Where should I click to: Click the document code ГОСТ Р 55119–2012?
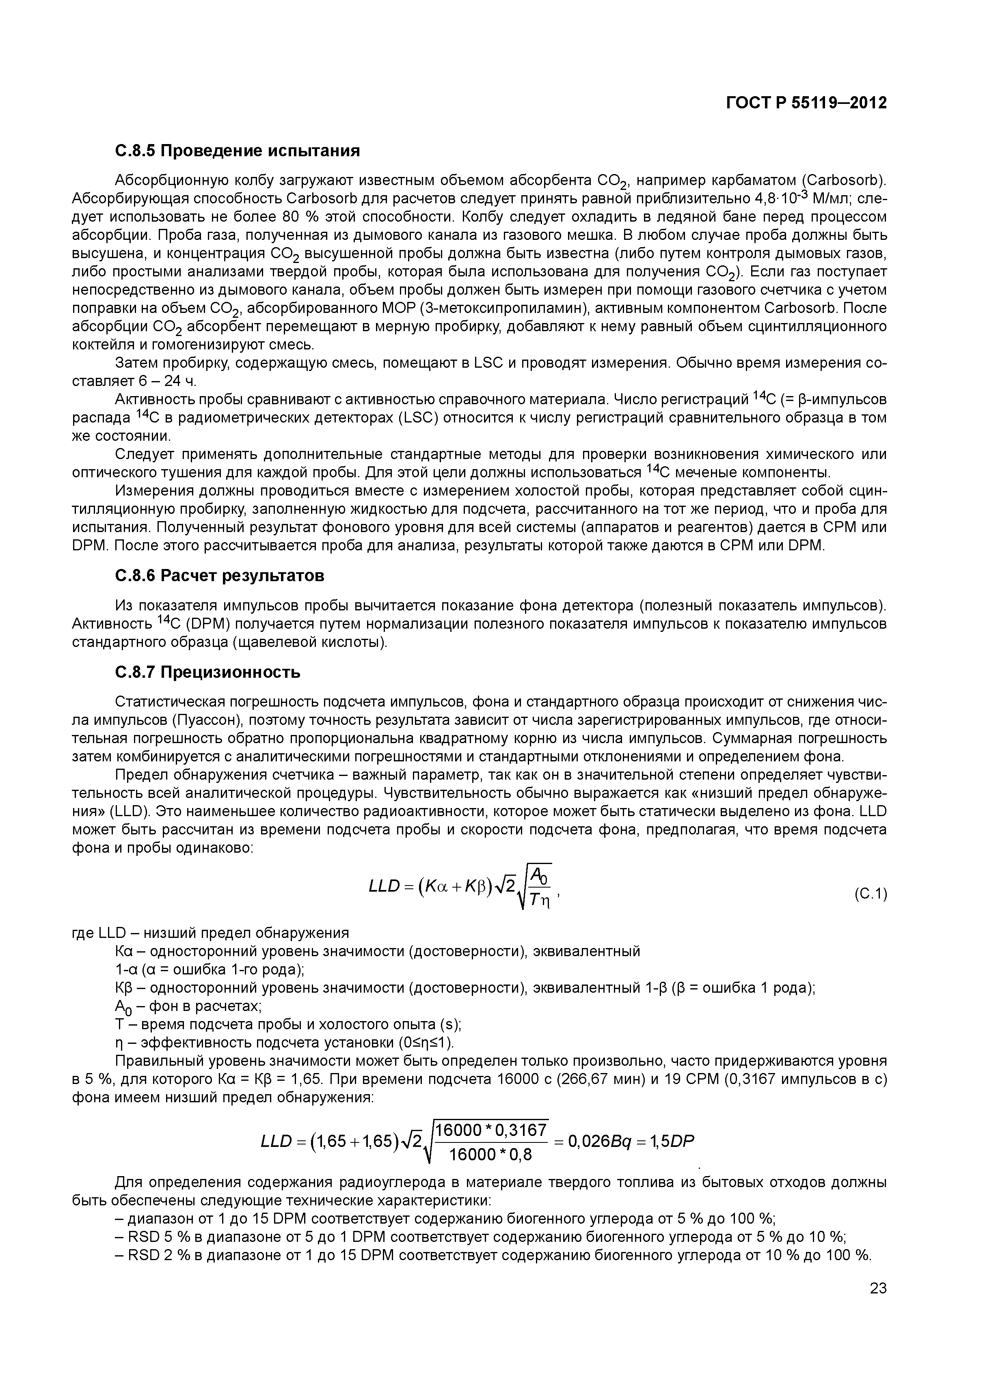point(806,103)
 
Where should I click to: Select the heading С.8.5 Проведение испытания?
point(238,151)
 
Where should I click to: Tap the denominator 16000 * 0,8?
point(490,1155)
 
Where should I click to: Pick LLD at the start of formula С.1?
point(384,887)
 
